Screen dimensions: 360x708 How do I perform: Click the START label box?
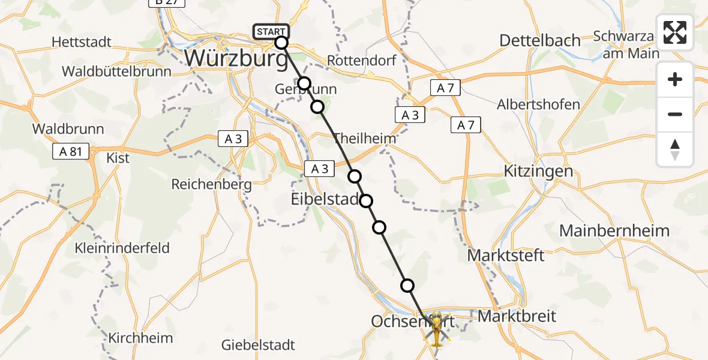point(271,32)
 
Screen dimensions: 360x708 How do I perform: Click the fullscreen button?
point(675,32)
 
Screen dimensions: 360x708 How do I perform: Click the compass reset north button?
point(675,149)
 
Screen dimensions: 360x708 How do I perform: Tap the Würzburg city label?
point(228,58)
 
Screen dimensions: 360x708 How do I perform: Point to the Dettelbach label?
point(540,41)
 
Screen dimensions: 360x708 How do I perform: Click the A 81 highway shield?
point(71,152)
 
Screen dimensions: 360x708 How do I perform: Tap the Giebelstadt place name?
point(258,345)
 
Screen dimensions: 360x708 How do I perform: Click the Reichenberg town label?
point(211,184)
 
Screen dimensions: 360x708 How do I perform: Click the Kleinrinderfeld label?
point(122,248)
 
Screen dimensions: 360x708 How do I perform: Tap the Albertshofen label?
point(538,104)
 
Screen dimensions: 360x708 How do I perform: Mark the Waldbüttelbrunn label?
point(116,71)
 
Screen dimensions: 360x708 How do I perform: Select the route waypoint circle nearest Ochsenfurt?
point(407,286)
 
